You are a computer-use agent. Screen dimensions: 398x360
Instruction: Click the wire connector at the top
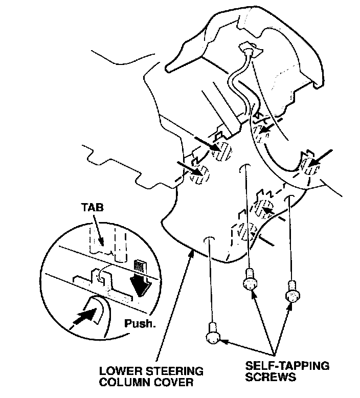[249, 51]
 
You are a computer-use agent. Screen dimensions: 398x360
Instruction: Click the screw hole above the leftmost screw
[208, 239]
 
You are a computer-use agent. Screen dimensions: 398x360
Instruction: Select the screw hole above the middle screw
[246, 168]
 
